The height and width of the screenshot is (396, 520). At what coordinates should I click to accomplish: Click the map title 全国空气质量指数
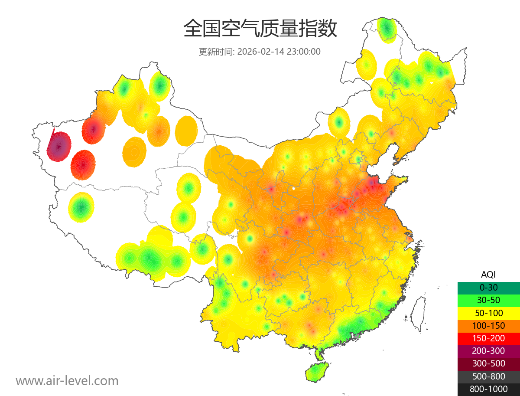(x=260, y=29)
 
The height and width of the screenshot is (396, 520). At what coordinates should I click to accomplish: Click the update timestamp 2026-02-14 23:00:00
(x=279, y=52)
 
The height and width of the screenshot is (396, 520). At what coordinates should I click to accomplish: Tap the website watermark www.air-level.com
(x=67, y=381)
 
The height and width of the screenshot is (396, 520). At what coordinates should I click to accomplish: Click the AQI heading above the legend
(x=488, y=274)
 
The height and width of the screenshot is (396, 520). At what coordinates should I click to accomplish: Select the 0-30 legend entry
(x=488, y=287)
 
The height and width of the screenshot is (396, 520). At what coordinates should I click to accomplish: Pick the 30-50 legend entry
(x=488, y=300)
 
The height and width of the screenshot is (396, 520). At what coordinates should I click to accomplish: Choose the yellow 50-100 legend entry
(x=488, y=313)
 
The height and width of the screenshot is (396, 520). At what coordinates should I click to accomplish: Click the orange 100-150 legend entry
(x=488, y=325)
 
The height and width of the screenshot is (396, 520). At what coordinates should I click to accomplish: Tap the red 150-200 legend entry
(x=488, y=338)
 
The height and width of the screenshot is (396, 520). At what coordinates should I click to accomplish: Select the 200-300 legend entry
(x=488, y=351)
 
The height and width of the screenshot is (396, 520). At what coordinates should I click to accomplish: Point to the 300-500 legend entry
(x=488, y=363)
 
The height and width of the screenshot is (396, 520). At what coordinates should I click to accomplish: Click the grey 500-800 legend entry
(x=488, y=376)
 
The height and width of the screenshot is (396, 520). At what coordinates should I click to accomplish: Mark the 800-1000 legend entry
(x=488, y=389)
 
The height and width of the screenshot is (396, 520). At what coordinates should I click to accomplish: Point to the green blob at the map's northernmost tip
(x=387, y=29)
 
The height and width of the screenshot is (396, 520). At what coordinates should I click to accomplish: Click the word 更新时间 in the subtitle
(x=216, y=52)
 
